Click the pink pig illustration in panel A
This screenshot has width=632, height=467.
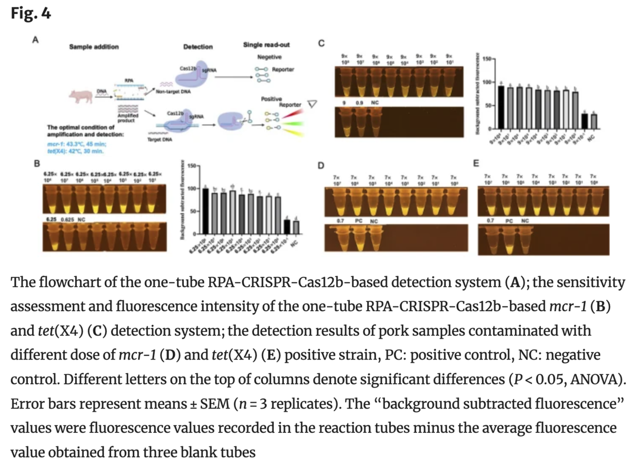82,97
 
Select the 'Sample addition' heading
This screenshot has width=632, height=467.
94,47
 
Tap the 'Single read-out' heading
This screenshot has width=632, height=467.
266,45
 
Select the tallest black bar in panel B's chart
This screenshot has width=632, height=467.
206,211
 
